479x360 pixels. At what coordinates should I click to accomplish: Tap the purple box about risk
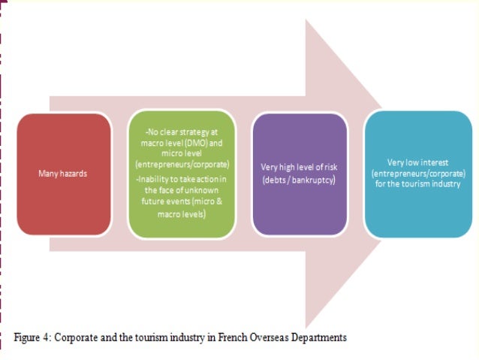(301, 174)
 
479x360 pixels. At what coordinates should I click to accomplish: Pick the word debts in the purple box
(274, 180)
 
